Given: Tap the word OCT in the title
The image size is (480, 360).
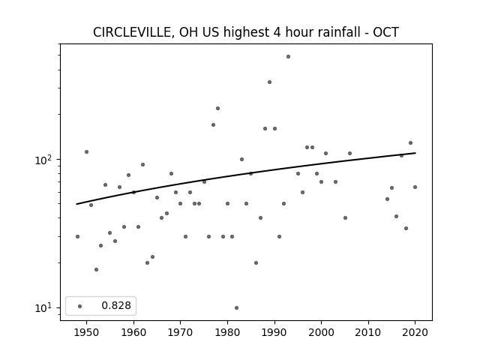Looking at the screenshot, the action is click(385, 32).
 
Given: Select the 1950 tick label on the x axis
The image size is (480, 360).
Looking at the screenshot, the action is click(87, 332).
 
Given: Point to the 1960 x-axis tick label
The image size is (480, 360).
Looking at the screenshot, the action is click(133, 332).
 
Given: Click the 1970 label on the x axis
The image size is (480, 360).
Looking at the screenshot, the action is click(180, 332).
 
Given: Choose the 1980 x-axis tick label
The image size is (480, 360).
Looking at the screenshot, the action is click(227, 332).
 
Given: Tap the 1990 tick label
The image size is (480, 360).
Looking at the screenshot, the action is click(274, 332).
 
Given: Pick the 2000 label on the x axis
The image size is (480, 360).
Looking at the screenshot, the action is click(322, 332).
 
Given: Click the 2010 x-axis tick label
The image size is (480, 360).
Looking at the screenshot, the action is click(368, 332).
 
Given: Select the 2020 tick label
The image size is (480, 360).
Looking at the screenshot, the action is click(415, 332).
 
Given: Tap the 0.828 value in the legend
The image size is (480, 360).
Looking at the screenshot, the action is click(116, 305).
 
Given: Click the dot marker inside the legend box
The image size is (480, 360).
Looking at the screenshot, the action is click(80, 306).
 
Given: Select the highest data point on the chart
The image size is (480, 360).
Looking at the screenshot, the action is click(288, 57).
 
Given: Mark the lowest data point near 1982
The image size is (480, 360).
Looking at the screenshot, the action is click(237, 308).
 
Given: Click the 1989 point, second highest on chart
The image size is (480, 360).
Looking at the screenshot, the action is click(270, 82).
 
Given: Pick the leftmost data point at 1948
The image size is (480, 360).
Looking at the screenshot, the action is click(77, 237).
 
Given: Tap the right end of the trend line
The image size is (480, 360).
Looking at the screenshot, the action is click(415, 153).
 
